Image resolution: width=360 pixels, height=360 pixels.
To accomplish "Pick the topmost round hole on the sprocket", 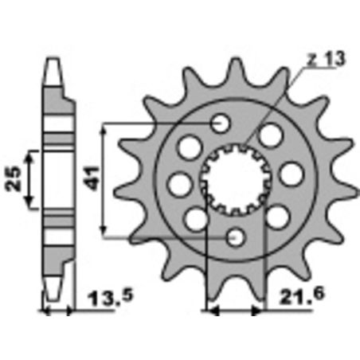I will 221,123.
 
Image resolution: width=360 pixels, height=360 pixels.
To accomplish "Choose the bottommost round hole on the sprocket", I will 235,237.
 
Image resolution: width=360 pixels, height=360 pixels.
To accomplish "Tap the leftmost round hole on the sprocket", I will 179,184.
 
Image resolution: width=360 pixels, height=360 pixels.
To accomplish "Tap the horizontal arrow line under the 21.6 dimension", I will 234,311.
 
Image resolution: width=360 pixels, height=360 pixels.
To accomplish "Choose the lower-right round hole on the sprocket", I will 277,215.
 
